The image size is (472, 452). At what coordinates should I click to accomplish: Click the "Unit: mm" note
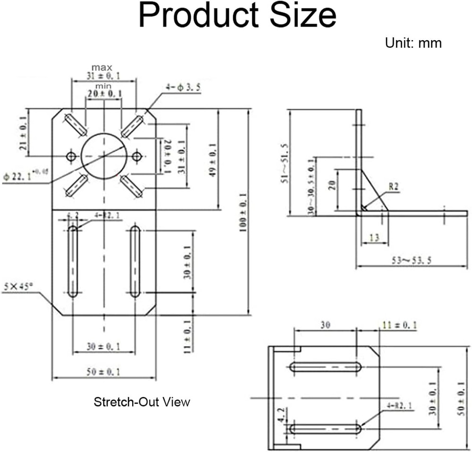413,43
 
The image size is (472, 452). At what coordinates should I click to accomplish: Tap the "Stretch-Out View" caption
142,402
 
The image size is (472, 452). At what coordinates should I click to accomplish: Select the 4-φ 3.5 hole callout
184,88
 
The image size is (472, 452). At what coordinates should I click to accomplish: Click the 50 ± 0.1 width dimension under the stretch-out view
103,372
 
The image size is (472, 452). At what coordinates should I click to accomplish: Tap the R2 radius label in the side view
394,187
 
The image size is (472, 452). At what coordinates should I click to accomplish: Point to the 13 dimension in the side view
374,238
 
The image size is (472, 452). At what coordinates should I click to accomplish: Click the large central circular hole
104,156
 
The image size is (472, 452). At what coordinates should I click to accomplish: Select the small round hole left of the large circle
72,156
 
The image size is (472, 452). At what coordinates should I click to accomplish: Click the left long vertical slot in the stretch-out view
73,262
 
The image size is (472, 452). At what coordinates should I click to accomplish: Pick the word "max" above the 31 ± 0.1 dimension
101,67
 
